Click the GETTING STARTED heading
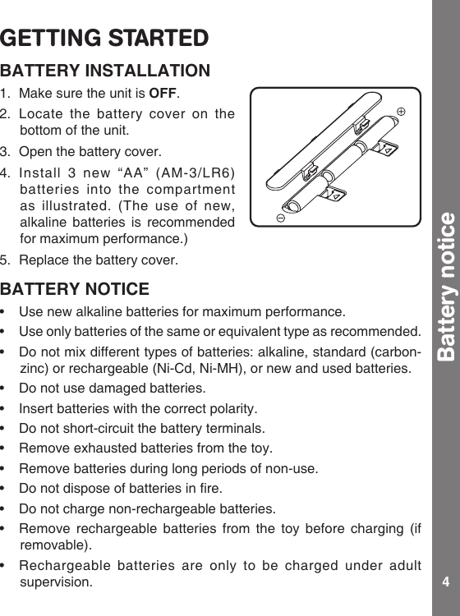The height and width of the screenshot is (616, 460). click(x=104, y=39)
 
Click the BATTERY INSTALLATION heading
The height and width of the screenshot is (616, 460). click(x=106, y=71)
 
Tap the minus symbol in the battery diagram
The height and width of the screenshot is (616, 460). click(x=280, y=219)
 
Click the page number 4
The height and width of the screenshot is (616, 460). click(x=445, y=582)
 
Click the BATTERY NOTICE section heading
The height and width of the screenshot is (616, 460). click(x=76, y=290)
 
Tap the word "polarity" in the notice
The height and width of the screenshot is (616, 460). click(x=233, y=408)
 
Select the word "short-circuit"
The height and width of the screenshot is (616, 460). click(x=91, y=428)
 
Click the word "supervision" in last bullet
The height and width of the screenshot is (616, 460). click(x=56, y=582)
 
